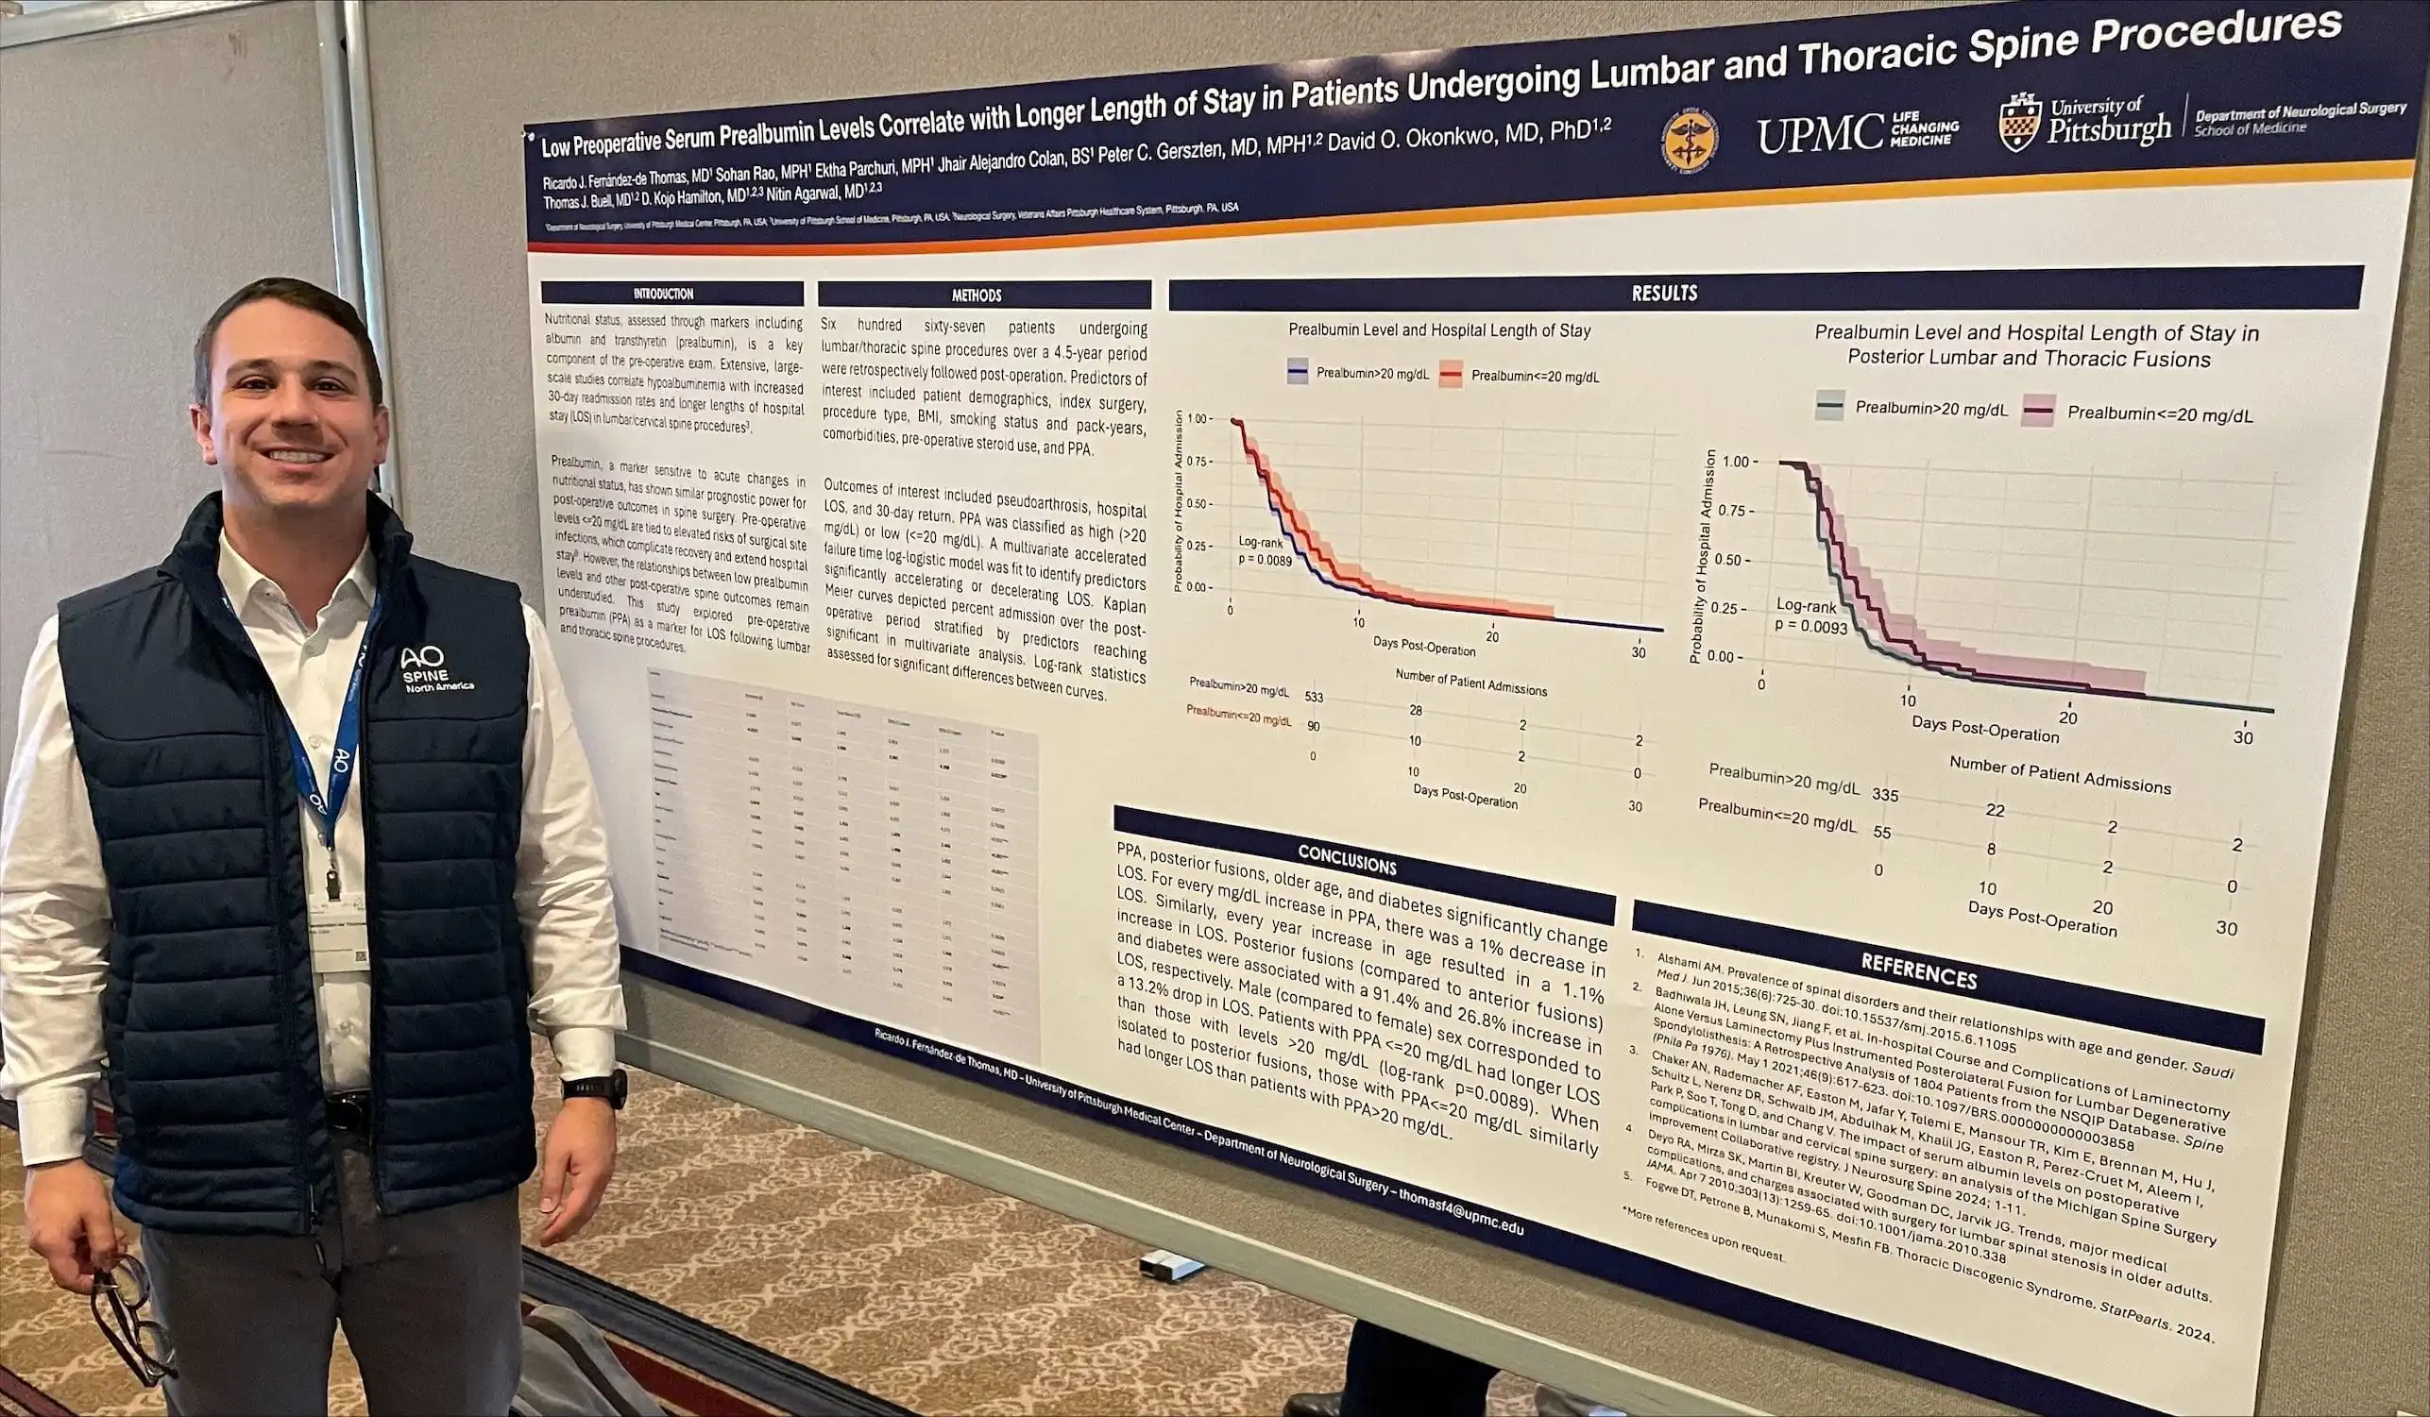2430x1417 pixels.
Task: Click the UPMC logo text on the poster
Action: click(x=1819, y=134)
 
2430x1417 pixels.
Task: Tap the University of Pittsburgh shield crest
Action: click(x=2019, y=123)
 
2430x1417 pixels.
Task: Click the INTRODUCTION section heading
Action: click(x=663, y=293)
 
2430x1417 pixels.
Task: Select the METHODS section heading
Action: click(x=976, y=295)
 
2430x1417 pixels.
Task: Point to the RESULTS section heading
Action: click(x=1664, y=293)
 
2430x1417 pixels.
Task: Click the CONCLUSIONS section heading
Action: click(x=1346, y=859)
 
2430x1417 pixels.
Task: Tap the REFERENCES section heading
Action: click(x=1918, y=971)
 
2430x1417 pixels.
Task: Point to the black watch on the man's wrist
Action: click(x=596, y=1088)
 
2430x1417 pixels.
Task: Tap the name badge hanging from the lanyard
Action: click(x=339, y=935)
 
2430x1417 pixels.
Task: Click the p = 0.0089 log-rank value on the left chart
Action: click(x=1265, y=560)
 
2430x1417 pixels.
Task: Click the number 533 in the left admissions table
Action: click(x=1314, y=697)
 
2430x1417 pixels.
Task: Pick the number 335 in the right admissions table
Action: click(x=1884, y=795)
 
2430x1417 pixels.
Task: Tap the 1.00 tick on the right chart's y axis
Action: click(x=1735, y=462)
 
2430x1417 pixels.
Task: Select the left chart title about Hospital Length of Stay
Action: click(x=1438, y=330)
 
